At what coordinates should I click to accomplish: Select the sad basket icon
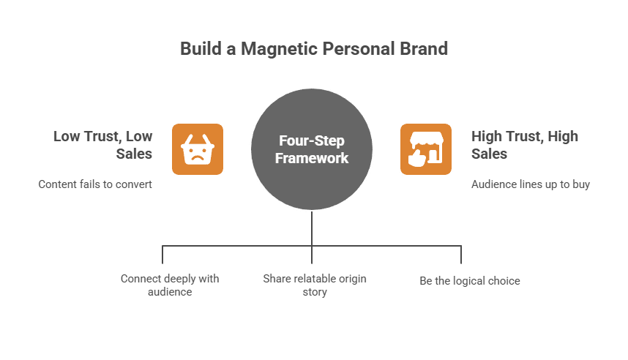point(198,149)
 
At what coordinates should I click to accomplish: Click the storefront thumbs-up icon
point(426,149)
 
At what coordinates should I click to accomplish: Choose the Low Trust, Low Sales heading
point(102,144)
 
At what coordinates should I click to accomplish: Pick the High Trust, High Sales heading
point(525,144)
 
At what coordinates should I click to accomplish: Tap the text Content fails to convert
point(95,184)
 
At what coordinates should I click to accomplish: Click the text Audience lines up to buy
point(531,184)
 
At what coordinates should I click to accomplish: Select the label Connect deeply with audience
point(170,285)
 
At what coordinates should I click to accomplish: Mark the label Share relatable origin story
point(314,285)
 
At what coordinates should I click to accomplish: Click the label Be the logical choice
point(470,280)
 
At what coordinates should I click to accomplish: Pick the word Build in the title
point(198,49)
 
